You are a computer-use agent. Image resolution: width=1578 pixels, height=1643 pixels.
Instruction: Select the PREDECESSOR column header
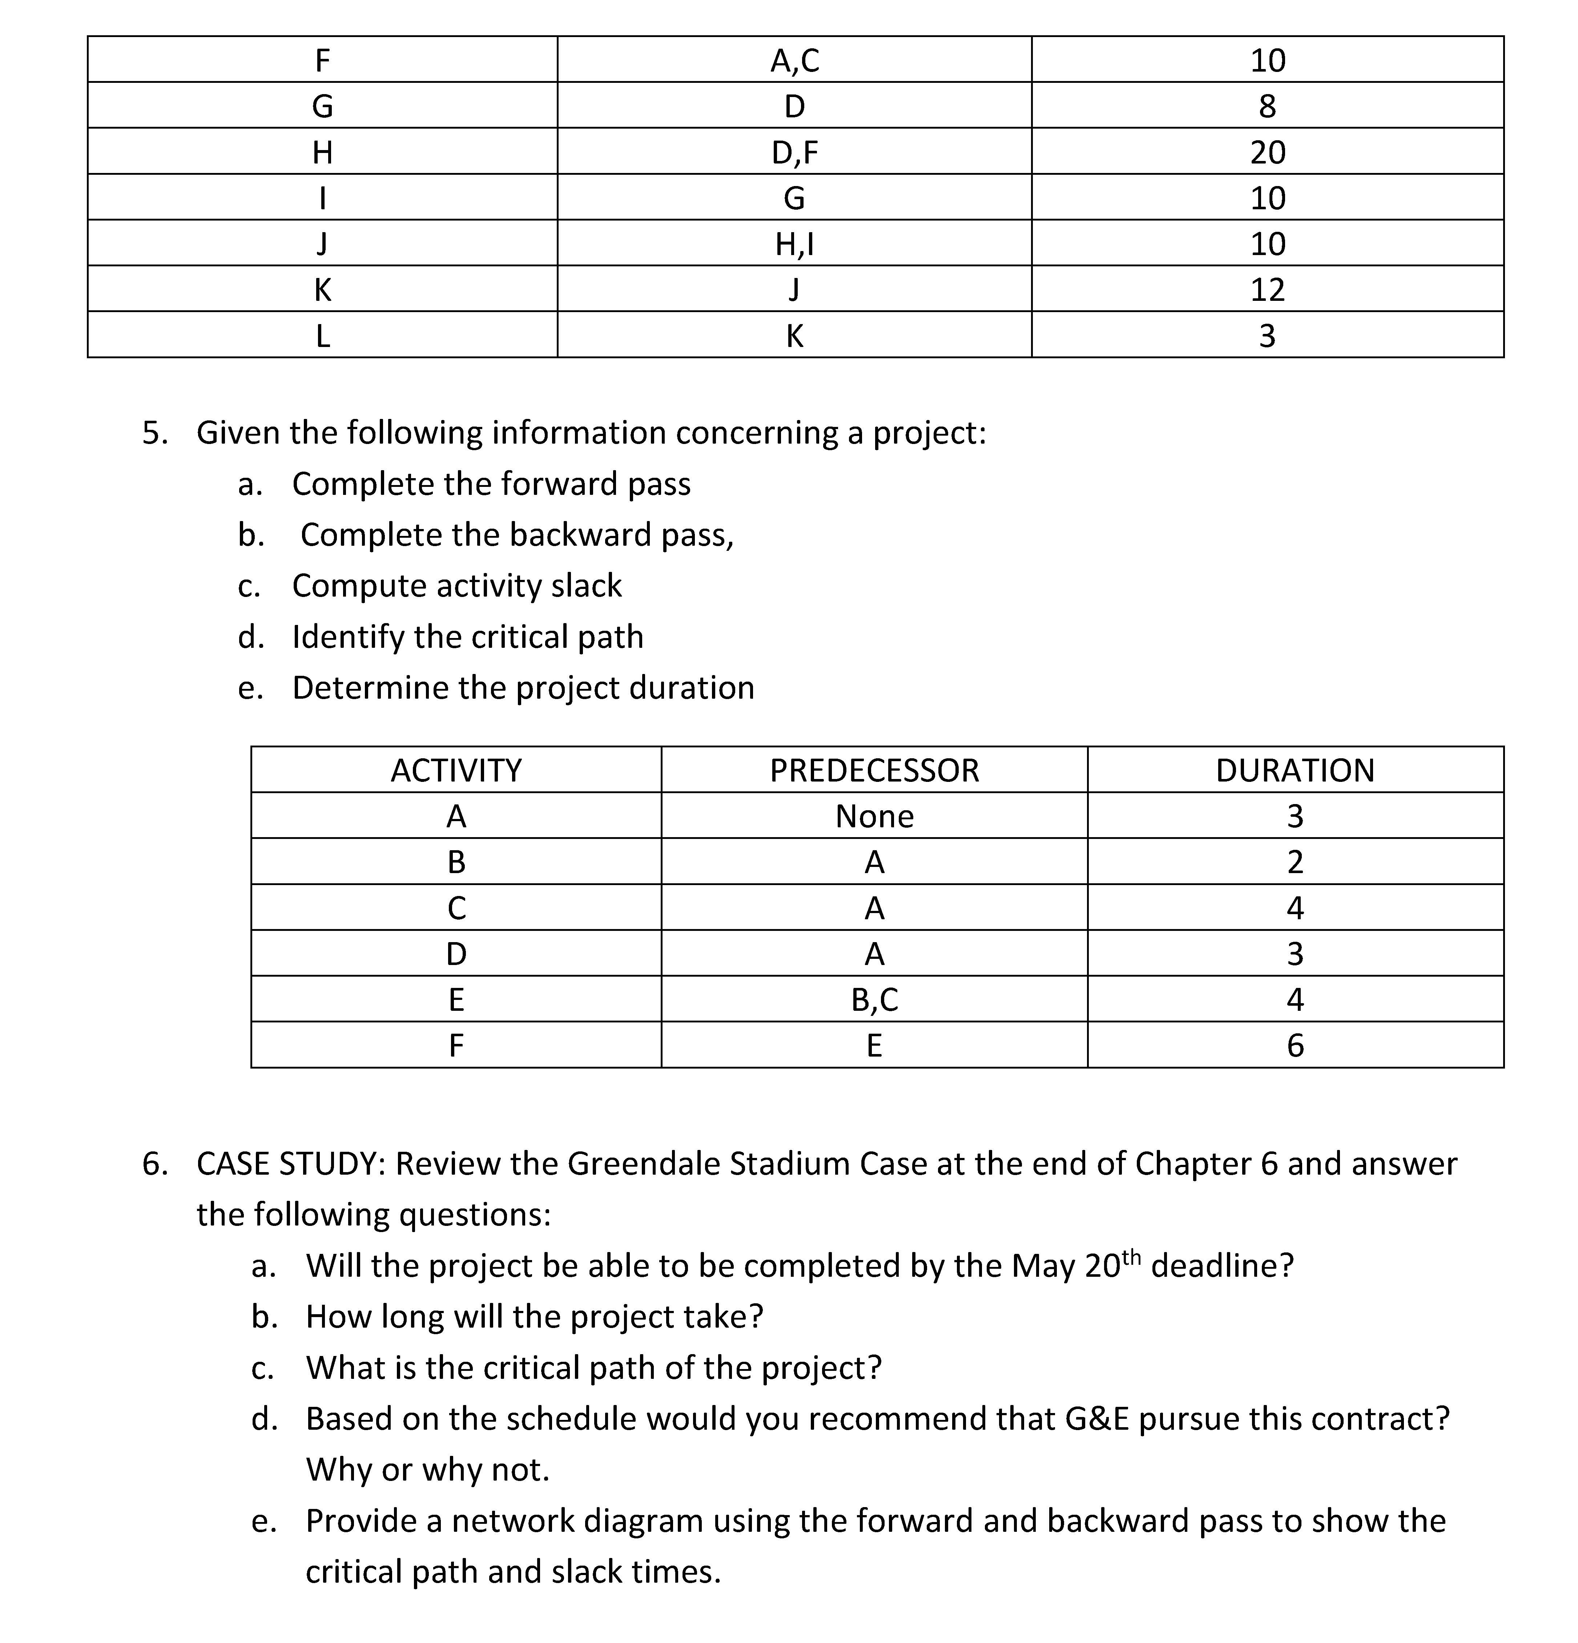pyautogui.click(x=874, y=770)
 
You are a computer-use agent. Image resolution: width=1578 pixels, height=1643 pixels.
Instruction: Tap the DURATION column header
pyautogui.click(x=1295, y=770)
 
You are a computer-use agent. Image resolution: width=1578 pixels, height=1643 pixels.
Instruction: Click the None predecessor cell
pyautogui.click(x=874, y=816)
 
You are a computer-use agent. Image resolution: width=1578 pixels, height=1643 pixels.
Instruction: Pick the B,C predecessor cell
pyautogui.click(x=874, y=999)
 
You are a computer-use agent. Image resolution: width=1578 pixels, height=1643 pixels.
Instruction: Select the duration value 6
pyautogui.click(x=1295, y=1045)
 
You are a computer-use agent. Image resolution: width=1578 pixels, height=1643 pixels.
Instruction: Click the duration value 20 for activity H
pyautogui.click(x=1267, y=152)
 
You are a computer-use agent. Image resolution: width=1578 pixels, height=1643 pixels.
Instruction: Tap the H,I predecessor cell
pyautogui.click(x=794, y=243)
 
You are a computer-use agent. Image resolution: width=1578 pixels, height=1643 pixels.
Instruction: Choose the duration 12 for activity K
pyautogui.click(x=1267, y=289)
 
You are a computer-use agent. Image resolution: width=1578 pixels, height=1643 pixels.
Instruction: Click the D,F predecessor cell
pyautogui.click(x=794, y=152)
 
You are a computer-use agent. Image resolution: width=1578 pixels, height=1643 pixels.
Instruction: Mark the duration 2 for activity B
pyautogui.click(x=1295, y=862)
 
